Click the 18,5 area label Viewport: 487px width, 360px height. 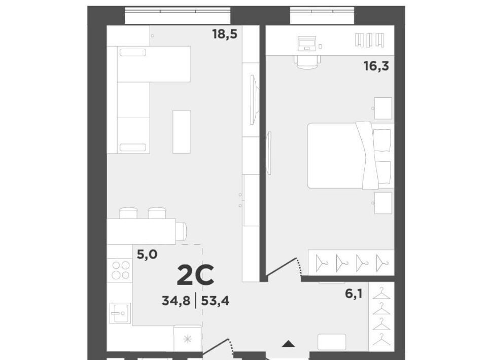pyautogui.click(x=225, y=34)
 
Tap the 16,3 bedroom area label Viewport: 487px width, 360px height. pyautogui.click(x=376, y=66)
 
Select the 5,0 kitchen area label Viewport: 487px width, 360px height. pyautogui.click(x=147, y=255)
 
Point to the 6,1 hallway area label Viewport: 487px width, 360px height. pyautogui.click(x=354, y=293)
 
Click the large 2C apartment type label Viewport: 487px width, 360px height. pyautogui.click(x=195, y=275)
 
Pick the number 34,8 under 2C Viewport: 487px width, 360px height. pyautogui.click(x=176, y=300)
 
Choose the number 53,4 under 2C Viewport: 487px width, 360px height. pyautogui.click(x=215, y=300)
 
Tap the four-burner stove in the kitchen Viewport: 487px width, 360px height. pyautogui.click(x=121, y=270)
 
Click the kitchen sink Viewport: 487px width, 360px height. pyautogui.click(x=120, y=313)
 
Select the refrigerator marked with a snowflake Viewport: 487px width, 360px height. pyautogui.click(x=187, y=339)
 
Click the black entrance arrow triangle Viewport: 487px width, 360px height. pyautogui.click(x=289, y=344)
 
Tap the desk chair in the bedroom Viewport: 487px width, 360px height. pyautogui.click(x=307, y=61)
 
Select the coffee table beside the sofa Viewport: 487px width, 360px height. pyautogui.click(x=182, y=132)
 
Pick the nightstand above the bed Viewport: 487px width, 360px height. pyautogui.click(x=383, y=108)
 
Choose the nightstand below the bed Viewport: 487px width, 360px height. pyautogui.click(x=383, y=203)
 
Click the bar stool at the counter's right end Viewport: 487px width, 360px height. pyautogui.click(x=181, y=231)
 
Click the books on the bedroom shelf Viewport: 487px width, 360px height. pyautogui.click(x=370, y=41)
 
